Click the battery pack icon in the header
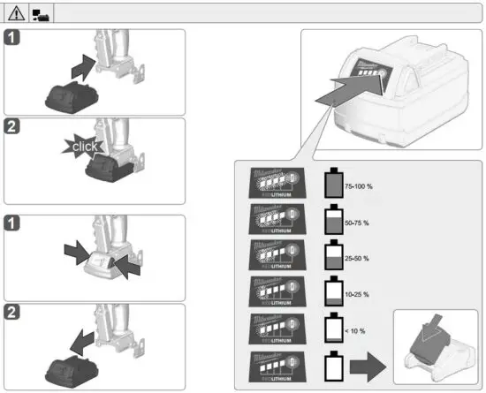[x=41, y=14]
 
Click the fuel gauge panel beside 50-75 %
[x=276, y=218]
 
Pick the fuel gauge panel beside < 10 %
[x=276, y=327]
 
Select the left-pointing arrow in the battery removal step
[x=81, y=341]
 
